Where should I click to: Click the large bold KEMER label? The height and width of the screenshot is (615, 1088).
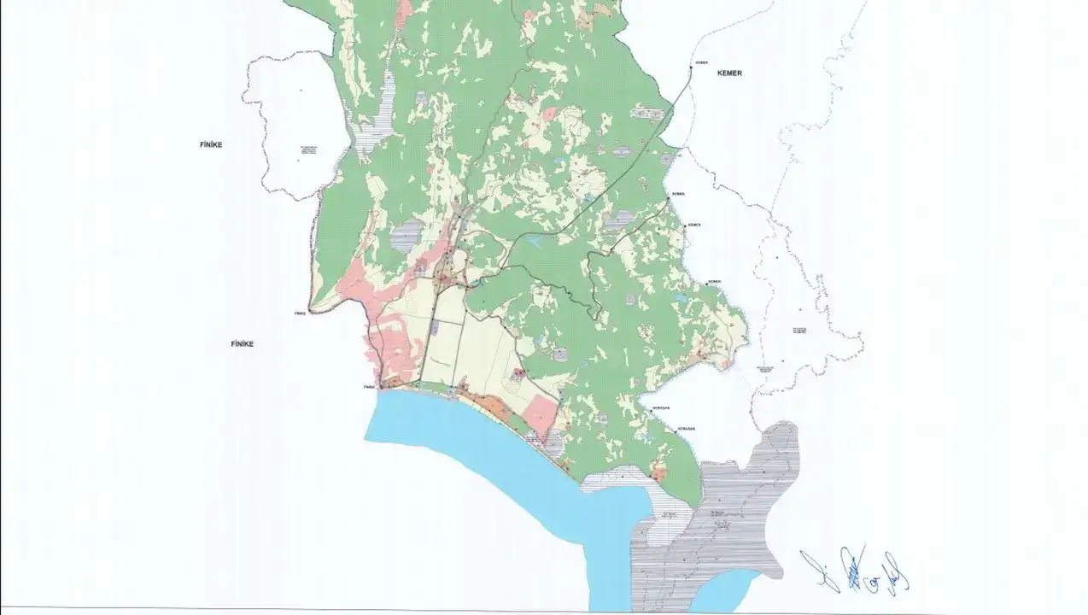728,73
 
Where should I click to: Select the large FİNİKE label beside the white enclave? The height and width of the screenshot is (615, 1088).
210,145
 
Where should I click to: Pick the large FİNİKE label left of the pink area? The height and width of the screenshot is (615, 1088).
243,343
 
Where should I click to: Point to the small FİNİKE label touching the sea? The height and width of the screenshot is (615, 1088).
370,387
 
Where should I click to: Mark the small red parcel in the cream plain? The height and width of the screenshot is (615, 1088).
518,373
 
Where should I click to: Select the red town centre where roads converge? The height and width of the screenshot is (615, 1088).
445,276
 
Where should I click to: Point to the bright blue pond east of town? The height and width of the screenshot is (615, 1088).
535,243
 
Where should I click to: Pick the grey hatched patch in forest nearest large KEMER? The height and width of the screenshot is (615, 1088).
647,113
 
